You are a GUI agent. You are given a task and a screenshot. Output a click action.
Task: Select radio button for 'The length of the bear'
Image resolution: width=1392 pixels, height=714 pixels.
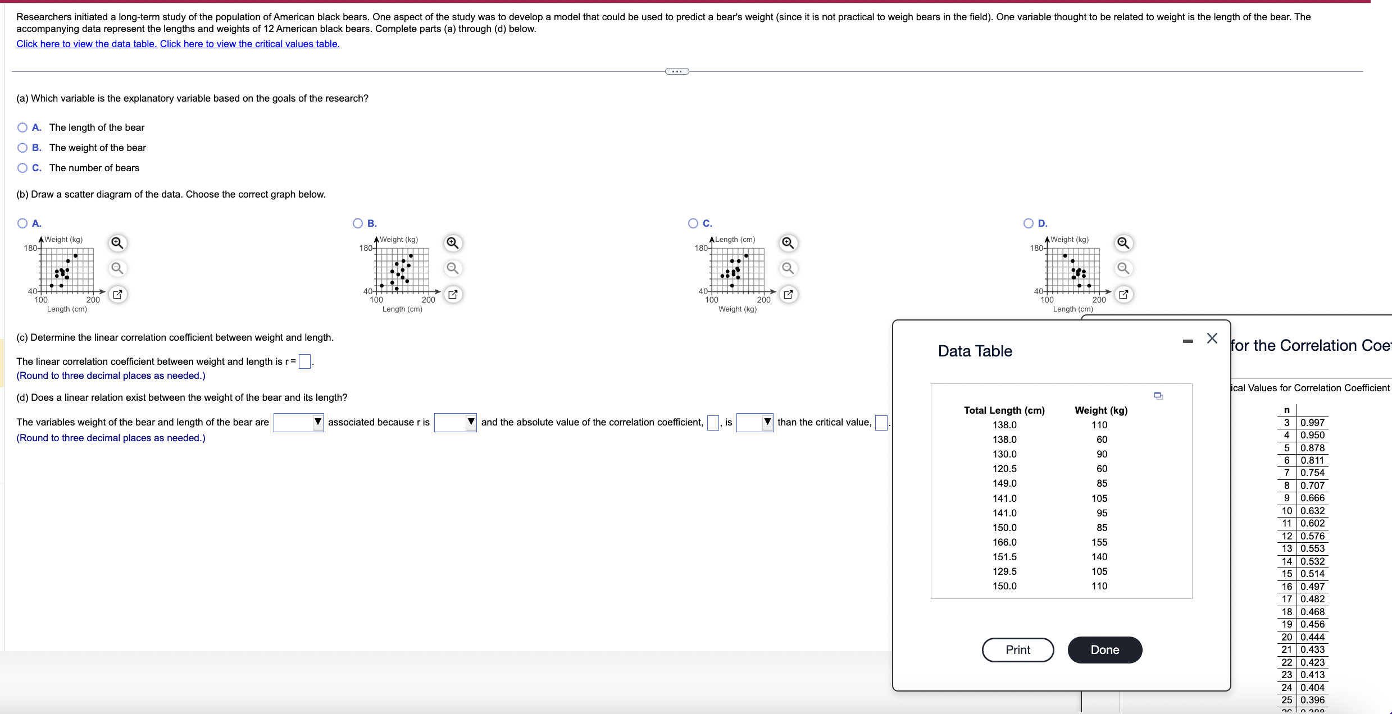click(22, 127)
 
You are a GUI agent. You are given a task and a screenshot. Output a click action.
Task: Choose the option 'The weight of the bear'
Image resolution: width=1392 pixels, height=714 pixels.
click(22, 148)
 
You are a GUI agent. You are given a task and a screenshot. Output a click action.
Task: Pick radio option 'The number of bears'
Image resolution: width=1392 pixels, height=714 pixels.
click(22, 168)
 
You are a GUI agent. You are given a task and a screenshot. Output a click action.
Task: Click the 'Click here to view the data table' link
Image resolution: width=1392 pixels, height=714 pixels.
click(87, 44)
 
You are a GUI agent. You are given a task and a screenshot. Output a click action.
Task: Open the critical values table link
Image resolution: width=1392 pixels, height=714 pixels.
click(249, 44)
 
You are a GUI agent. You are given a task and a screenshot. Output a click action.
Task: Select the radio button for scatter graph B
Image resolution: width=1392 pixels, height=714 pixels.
click(358, 223)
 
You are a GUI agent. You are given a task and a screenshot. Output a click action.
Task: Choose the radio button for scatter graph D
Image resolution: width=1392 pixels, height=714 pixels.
click(1029, 223)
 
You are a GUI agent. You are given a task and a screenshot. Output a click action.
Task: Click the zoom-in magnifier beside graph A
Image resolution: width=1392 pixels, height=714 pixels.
click(117, 243)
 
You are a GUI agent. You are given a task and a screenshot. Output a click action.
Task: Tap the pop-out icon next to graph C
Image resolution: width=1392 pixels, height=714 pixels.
click(788, 294)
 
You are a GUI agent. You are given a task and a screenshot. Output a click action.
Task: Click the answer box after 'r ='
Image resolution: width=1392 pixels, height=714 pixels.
click(304, 361)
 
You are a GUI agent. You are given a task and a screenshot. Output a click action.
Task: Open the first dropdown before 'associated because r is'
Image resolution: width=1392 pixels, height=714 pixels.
click(298, 422)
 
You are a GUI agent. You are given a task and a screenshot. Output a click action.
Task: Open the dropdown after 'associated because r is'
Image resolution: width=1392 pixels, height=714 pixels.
click(455, 422)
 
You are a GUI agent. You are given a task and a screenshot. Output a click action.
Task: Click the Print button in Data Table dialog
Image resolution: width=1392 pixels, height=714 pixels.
click(1017, 649)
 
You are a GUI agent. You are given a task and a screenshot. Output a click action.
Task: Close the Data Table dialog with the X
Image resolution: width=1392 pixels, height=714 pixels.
click(1212, 338)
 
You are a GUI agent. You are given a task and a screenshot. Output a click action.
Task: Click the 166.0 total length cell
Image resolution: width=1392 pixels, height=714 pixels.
click(1004, 542)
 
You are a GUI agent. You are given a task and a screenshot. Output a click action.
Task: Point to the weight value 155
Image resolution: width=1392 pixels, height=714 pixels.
click(1099, 542)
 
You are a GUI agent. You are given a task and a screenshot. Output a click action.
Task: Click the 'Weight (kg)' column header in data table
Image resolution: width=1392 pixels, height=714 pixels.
click(1100, 410)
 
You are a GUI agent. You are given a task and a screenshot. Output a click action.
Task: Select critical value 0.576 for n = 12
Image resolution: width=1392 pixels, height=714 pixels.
click(1312, 536)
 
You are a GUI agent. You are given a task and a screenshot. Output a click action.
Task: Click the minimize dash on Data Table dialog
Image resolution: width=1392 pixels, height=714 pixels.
click(1188, 341)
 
